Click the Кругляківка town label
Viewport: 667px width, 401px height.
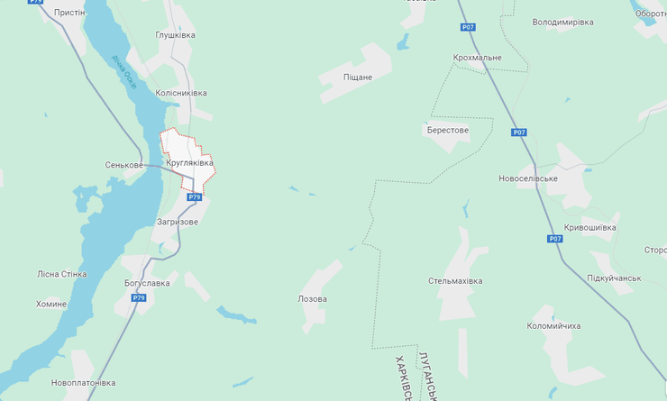coord(190,163)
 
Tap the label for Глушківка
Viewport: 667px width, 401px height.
coord(176,36)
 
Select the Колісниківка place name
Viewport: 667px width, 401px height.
coord(181,93)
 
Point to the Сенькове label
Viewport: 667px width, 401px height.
coord(124,165)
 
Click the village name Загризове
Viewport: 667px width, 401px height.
coord(177,222)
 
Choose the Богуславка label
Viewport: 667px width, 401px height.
coord(147,283)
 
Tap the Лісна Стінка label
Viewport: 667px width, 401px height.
coord(62,274)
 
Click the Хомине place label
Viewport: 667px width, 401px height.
coord(51,304)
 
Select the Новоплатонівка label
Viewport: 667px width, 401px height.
coord(83,383)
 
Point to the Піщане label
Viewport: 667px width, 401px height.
coord(358,77)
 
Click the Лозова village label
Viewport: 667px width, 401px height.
coord(312,298)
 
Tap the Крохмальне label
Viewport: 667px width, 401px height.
coord(477,58)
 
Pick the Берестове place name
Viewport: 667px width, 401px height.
coord(448,130)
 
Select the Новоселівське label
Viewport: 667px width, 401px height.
coord(528,178)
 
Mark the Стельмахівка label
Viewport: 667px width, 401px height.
coord(455,281)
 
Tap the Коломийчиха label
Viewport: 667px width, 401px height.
coord(554,325)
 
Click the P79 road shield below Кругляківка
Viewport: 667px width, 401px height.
coord(194,196)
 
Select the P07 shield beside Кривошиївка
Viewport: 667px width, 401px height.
coord(555,239)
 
